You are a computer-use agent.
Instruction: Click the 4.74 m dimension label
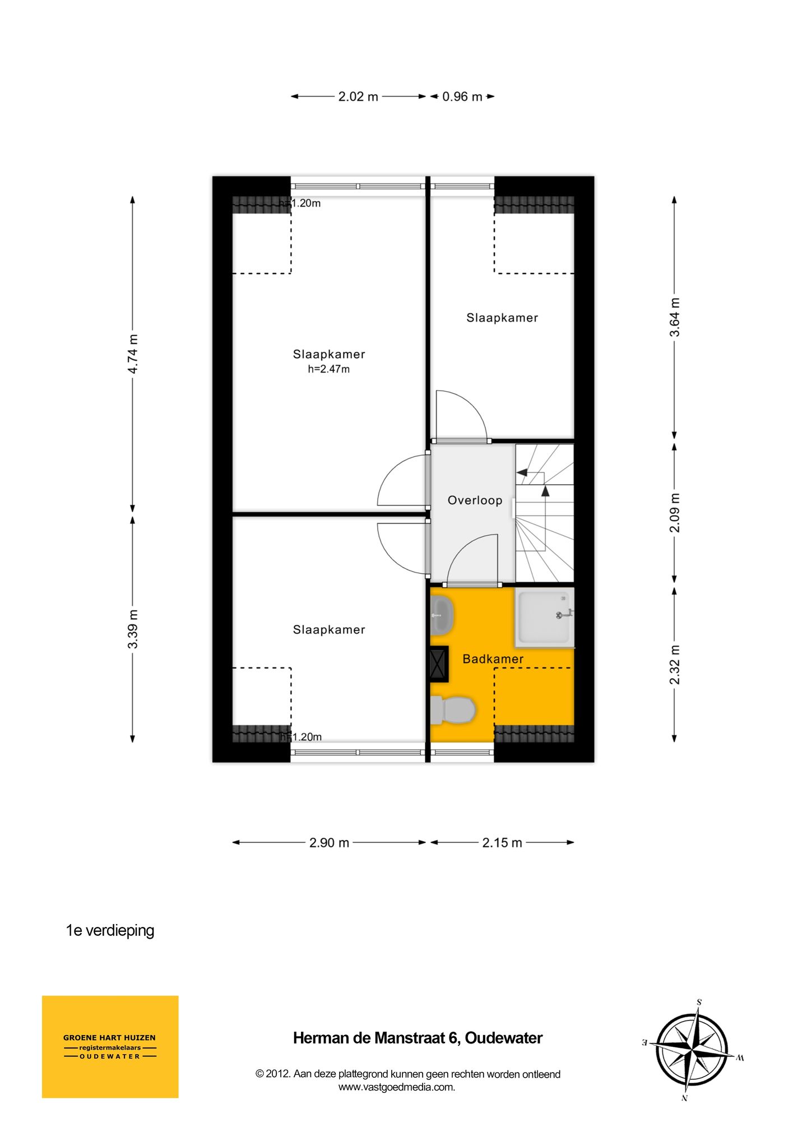point(133,354)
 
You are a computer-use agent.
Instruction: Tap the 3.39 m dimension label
point(133,629)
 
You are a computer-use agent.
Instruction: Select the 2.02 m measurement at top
point(358,96)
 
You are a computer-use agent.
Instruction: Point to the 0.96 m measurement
point(462,96)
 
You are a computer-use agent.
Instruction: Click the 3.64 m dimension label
point(675,317)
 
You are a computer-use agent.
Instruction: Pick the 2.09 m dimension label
point(675,513)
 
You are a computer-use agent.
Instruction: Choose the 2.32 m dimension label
point(675,665)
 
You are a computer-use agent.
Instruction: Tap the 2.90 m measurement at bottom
point(329,842)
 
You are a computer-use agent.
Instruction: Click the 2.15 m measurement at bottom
point(502,842)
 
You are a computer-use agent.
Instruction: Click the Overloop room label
point(475,500)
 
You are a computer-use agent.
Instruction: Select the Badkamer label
point(493,659)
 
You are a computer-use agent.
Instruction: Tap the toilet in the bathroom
point(453,710)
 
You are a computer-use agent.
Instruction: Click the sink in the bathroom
point(442,614)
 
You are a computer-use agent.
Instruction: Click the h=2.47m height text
point(328,369)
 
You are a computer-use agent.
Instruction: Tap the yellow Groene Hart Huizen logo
point(110,1046)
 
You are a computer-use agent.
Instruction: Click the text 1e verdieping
point(110,930)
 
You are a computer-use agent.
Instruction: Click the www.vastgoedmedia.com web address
point(396,1087)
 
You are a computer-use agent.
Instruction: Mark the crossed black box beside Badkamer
point(438,664)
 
